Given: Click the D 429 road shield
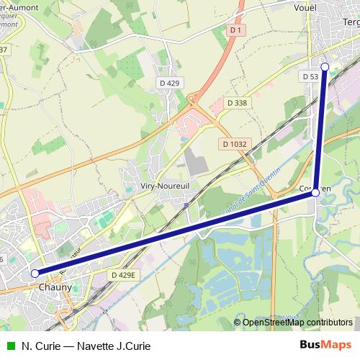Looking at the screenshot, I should click(168, 84).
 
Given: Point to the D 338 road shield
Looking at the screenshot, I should click(237, 103).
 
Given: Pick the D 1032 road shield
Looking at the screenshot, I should click(235, 144).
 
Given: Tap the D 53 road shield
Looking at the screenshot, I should click(310, 76).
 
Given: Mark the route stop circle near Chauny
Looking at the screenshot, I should click(35, 273).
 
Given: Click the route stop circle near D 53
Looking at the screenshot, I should click(325, 66).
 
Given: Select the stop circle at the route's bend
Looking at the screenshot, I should click(315, 192).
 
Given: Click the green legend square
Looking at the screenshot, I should click(9, 346).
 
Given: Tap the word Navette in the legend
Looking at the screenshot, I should click(91, 346).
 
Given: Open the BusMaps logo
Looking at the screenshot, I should click(325, 345).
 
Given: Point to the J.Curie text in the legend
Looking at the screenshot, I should click(132, 346).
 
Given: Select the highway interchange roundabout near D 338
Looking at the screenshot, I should click(192, 99).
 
